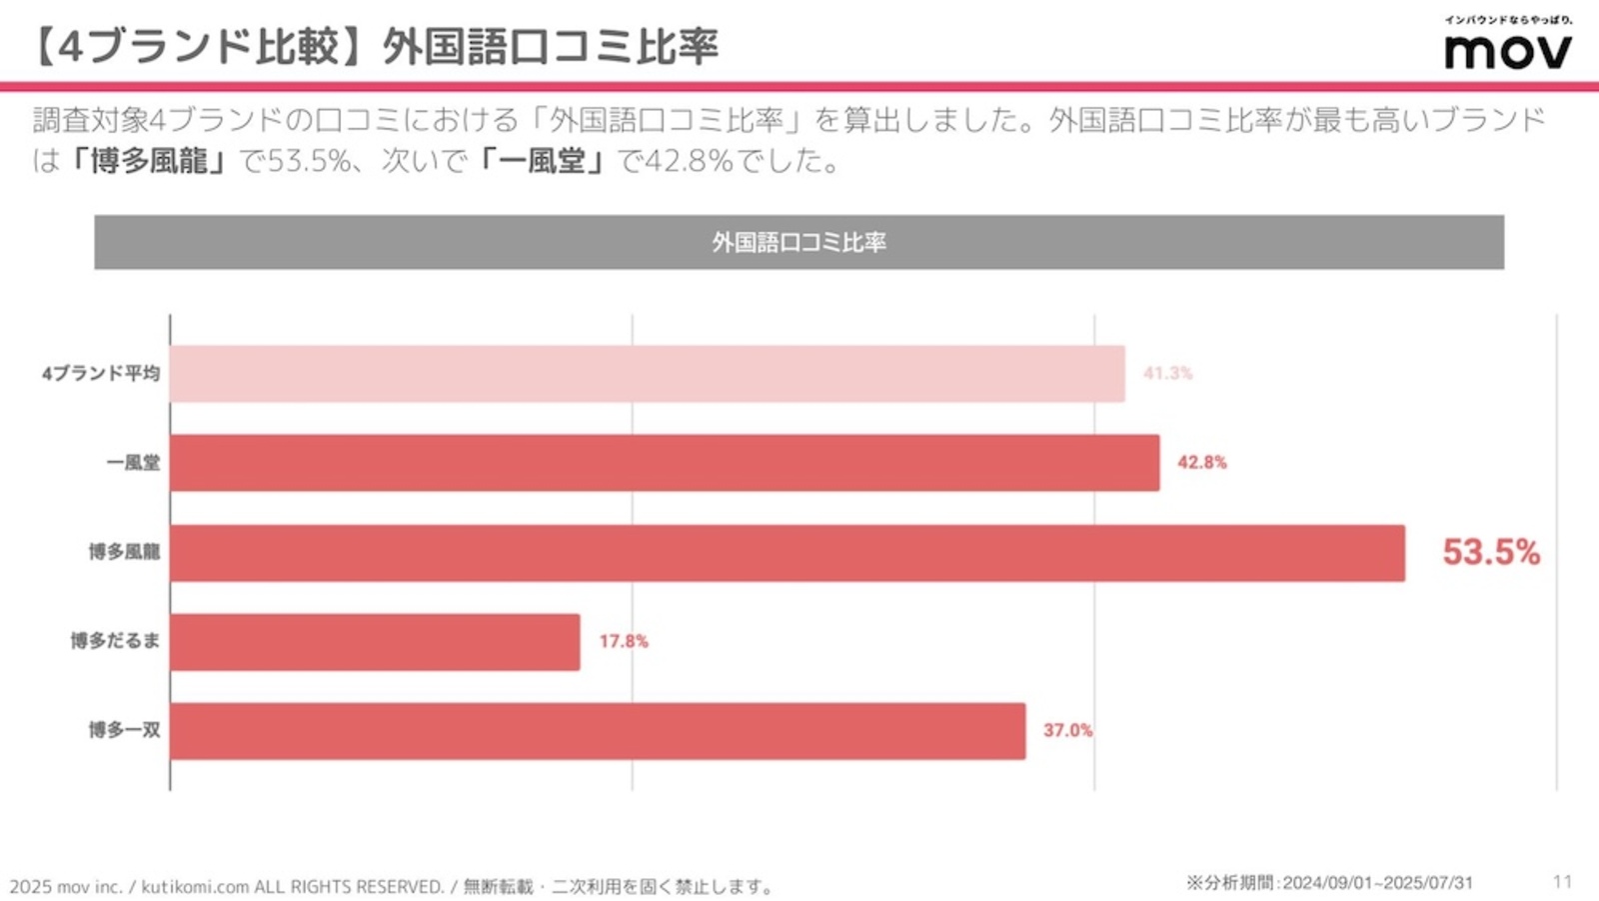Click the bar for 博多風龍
[x=787, y=553]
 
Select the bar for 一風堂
[x=665, y=463]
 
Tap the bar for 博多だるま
[x=375, y=642]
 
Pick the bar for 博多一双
[x=598, y=731]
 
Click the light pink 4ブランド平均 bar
[x=647, y=374]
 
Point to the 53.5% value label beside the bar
[x=1490, y=552]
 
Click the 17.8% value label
[x=624, y=641]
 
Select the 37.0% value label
[x=1067, y=731]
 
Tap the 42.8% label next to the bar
[x=1201, y=462]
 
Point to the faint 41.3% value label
[x=1167, y=373]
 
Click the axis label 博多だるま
[x=114, y=641]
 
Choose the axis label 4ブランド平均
[x=100, y=373]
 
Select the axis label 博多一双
[x=124, y=730]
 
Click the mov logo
[x=1507, y=50]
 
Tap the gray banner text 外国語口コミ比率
[x=799, y=242]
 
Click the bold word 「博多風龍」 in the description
[x=148, y=161]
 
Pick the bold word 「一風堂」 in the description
[x=542, y=161]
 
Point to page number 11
[x=1562, y=881]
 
